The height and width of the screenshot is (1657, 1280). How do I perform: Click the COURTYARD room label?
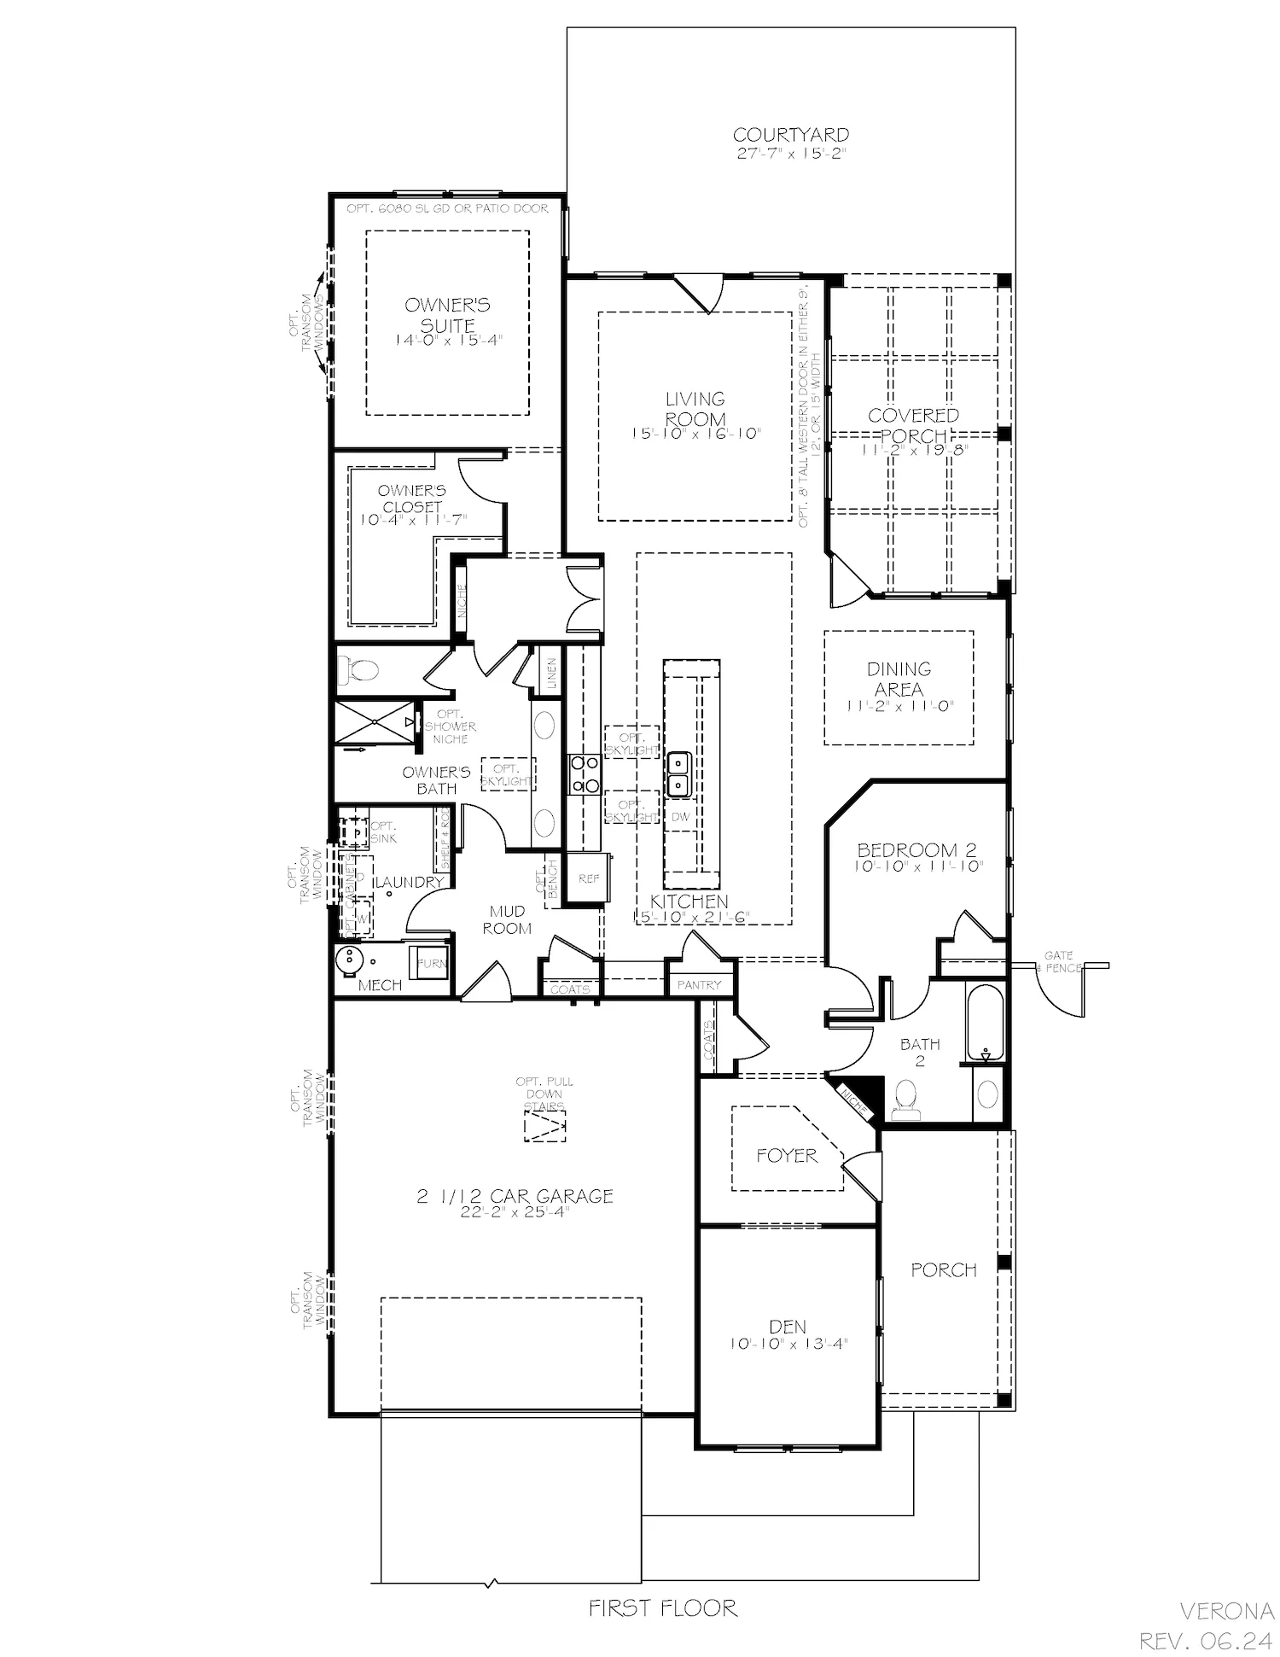click(x=791, y=135)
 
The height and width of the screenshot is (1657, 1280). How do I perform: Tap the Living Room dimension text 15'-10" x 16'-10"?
click(x=695, y=434)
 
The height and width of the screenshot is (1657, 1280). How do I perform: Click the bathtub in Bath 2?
click(x=986, y=1021)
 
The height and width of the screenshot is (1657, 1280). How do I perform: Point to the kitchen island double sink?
click(x=679, y=773)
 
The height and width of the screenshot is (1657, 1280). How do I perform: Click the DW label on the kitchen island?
click(x=680, y=817)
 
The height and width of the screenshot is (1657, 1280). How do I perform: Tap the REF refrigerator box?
click(x=589, y=878)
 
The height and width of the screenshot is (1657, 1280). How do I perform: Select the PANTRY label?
click(x=700, y=984)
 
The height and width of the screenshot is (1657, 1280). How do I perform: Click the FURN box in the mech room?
click(x=430, y=963)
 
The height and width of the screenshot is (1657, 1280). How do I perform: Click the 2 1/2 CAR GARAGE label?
click(x=515, y=1196)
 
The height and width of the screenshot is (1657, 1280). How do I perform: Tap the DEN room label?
click(x=787, y=1327)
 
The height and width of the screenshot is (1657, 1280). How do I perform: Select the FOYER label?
click(x=787, y=1156)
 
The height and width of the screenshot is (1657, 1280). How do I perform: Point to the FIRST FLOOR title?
click(x=663, y=1608)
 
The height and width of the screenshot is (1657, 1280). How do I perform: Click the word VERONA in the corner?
click(x=1226, y=1611)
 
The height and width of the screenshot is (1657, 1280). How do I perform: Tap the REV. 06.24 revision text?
click(x=1206, y=1641)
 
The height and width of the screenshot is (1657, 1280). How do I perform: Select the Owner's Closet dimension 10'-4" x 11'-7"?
click(x=413, y=519)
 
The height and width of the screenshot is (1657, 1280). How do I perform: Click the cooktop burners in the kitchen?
click(x=585, y=773)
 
